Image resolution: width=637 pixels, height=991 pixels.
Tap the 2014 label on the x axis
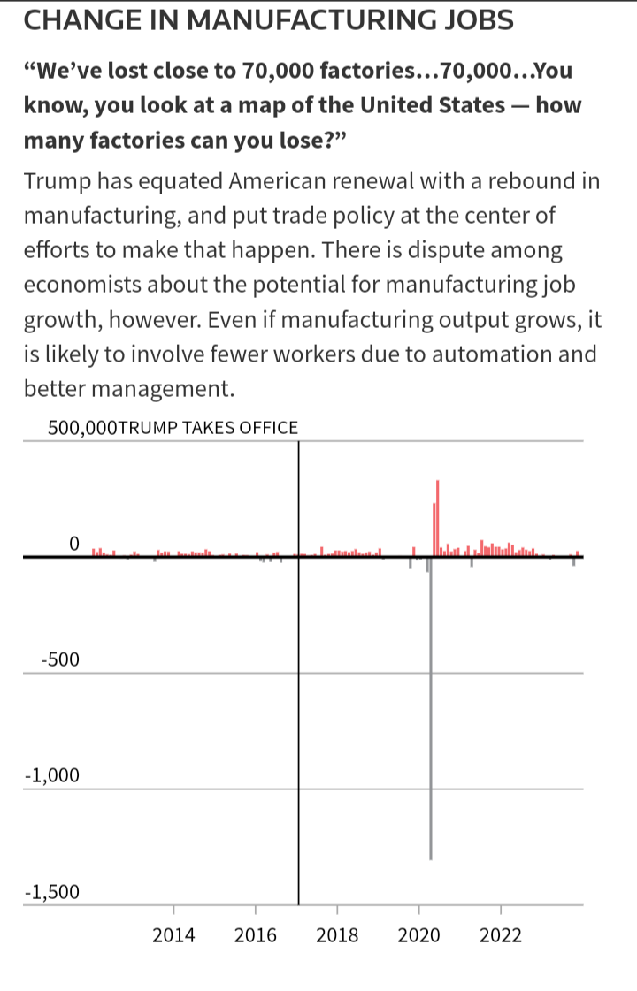click(173, 935)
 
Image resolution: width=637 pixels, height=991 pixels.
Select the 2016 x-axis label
click(256, 935)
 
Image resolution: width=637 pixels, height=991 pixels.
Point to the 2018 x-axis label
click(337, 935)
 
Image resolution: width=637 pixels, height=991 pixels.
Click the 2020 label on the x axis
click(419, 935)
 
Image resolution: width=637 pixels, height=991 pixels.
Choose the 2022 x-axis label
click(501, 935)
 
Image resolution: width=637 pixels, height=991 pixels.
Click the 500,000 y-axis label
click(81, 429)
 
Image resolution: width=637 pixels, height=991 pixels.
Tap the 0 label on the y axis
click(74, 542)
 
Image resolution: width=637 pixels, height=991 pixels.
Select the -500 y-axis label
click(59, 659)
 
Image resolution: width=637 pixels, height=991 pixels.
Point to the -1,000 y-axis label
click(52, 775)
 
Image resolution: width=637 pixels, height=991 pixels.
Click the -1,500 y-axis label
click(52, 891)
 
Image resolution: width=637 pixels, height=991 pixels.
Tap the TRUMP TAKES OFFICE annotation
click(208, 429)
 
